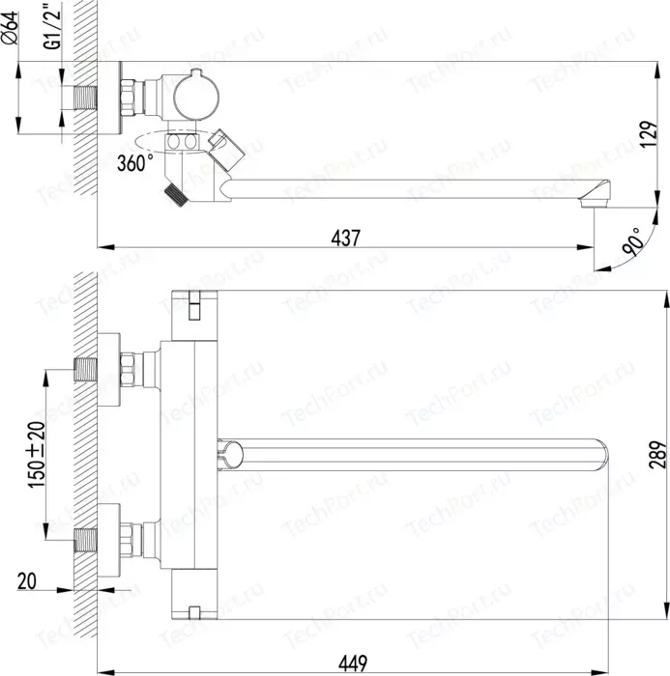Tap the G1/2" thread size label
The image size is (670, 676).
coord(52,25)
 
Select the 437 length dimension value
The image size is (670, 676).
coord(345,238)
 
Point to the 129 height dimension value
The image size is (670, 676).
coord(649,134)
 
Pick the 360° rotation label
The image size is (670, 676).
coord(134,163)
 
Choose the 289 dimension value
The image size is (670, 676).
coord(657,455)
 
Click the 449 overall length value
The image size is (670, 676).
coord(353,663)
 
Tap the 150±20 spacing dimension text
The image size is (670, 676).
coord(37,455)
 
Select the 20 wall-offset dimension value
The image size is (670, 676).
coord(27,581)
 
